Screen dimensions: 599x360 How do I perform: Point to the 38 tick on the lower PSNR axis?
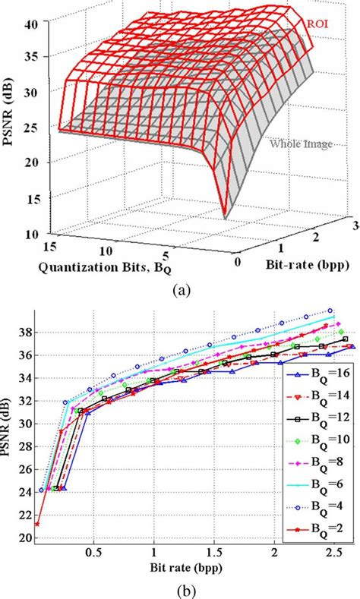coord(27,332)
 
